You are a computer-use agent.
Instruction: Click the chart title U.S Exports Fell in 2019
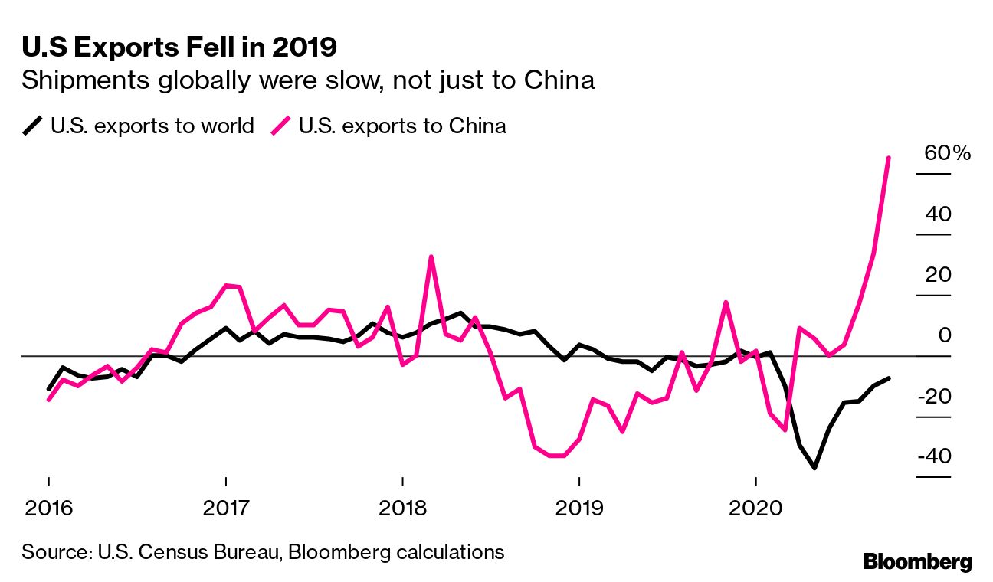pos(179,48)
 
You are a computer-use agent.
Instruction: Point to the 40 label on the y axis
pos(938,214)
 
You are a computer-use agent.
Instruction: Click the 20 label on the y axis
pos(938,274)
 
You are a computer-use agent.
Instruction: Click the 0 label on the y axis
pos(944,335)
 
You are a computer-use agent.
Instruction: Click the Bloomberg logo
pos(917,561)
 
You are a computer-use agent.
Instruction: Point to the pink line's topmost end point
pos(888,158)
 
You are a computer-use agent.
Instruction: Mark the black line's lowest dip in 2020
pos(814,467)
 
